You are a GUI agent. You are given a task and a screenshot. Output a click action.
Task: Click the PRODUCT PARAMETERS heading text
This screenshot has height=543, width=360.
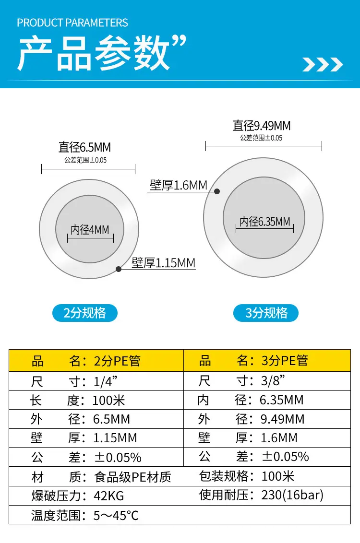[x=72, y=23]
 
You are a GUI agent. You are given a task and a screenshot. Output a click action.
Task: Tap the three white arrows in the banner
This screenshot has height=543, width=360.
[x=323, y=64]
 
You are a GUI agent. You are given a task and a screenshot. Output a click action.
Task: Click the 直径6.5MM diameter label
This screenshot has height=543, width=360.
[x=84, y=148]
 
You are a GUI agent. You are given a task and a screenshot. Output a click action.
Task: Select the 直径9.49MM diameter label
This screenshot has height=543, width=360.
[x=262, y=126]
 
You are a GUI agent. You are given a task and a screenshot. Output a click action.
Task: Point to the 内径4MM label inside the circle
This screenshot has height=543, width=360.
[x=90, y=230]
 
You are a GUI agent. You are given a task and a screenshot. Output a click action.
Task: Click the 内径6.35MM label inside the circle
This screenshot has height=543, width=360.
[x=264, y=222]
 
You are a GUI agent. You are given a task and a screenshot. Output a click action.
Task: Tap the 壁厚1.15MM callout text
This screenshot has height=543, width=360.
[x=164, y=263]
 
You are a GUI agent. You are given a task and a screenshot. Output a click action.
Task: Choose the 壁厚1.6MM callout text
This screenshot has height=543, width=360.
[x=179, y=185]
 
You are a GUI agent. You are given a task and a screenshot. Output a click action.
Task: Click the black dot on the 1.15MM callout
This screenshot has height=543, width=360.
[x=119, y=269]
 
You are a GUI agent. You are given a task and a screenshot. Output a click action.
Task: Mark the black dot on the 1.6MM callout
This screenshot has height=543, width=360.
[x=217, y=191]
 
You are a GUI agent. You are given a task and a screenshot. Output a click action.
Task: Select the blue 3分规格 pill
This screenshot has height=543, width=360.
[x=266, y=313]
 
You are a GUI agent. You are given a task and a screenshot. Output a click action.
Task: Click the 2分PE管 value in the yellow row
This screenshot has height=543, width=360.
[x=117, y=361]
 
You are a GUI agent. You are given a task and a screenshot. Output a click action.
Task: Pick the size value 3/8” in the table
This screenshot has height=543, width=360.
[x=273, y=381]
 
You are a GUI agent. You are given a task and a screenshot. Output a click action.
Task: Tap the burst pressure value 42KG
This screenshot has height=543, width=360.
[x=109, y=496]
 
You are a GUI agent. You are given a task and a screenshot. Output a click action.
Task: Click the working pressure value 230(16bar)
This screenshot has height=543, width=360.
[x=292, y=495]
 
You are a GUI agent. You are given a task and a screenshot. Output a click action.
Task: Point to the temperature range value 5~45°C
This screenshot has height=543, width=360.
[x=116, y=516]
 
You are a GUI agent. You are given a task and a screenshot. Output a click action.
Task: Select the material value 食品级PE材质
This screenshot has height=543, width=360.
[x=132, y=477]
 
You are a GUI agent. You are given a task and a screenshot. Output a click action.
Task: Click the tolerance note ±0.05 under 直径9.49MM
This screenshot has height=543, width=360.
[x=261, y=138]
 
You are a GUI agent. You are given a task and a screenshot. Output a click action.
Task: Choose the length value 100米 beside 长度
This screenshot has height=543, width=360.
[x=108, y=401]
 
